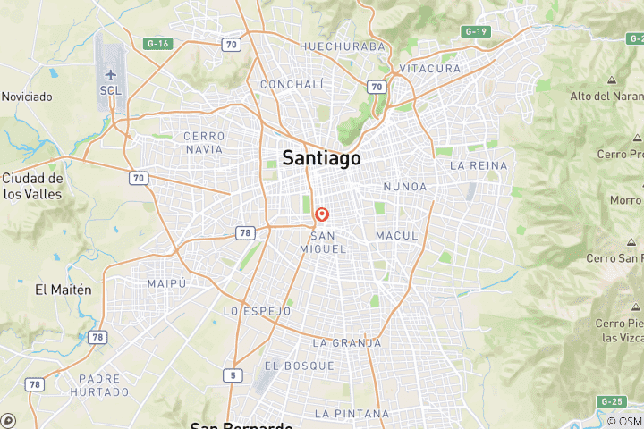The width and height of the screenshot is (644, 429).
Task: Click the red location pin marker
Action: click(x=322, y=215)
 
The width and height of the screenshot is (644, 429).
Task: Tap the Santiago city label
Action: click(x=321, y=158)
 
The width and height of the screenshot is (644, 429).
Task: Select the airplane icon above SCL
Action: click(x=111, y=75)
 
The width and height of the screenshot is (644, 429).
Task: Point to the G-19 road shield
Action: click(x=475, y=31)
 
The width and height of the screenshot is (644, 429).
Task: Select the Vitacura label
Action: click(x=430, y=69)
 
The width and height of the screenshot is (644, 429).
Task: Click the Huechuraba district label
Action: click(x=343, y=46)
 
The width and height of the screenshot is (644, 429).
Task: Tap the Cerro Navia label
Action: click(x=203, y=142)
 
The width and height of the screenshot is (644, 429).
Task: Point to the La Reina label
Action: click(x=479, y=165)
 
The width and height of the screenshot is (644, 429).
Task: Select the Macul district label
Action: click(x=397, y=235)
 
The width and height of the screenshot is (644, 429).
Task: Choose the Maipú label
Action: click(x=166, y=283)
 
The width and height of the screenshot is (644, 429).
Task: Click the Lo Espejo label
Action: click(x=257, y=311)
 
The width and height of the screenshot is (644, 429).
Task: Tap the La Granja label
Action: click(x=346, y=342)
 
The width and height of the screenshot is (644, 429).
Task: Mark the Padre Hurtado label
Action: click(x=98, y=385)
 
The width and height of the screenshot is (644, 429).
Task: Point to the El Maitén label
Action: click(x=64, y=290)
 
